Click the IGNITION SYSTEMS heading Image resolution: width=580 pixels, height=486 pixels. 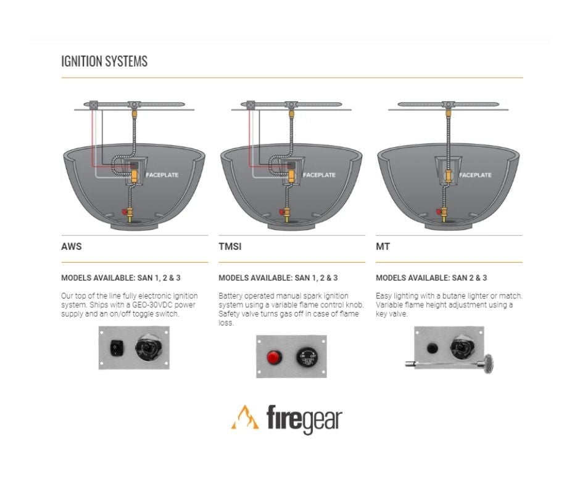pos(104,62)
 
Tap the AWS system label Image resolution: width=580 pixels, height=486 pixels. pos(72,247)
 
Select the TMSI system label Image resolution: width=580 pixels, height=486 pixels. pos(230,247)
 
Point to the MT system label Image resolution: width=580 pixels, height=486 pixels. pos(383,247)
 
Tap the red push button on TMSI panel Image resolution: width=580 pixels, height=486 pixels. pos(273,357)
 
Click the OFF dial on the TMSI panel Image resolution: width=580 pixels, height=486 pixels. pos(307,356)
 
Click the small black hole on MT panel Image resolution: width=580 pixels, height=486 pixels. pos(432,348)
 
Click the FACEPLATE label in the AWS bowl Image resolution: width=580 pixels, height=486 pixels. pos(162,175)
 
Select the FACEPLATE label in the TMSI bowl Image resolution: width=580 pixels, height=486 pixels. pos(320,175)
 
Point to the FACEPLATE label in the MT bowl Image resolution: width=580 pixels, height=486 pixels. pos(476,175)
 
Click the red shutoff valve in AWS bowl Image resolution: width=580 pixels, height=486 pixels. pos(127,212)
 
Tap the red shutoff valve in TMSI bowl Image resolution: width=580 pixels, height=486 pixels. pos(284,212)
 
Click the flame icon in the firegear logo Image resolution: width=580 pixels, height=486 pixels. pos(245,418)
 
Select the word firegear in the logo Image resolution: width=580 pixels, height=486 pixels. pos(304,419)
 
